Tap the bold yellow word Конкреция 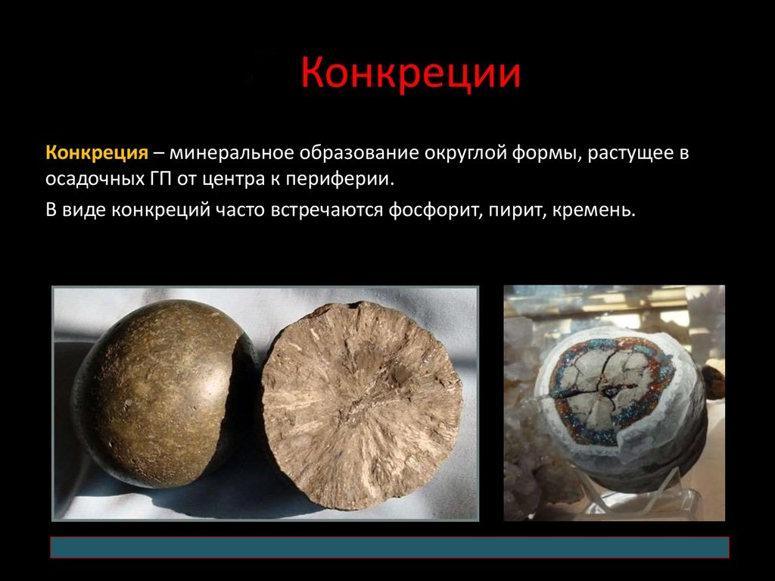(96, 152)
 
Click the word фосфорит (431, 208)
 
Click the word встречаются (324, 208)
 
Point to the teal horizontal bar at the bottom (389, 548)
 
